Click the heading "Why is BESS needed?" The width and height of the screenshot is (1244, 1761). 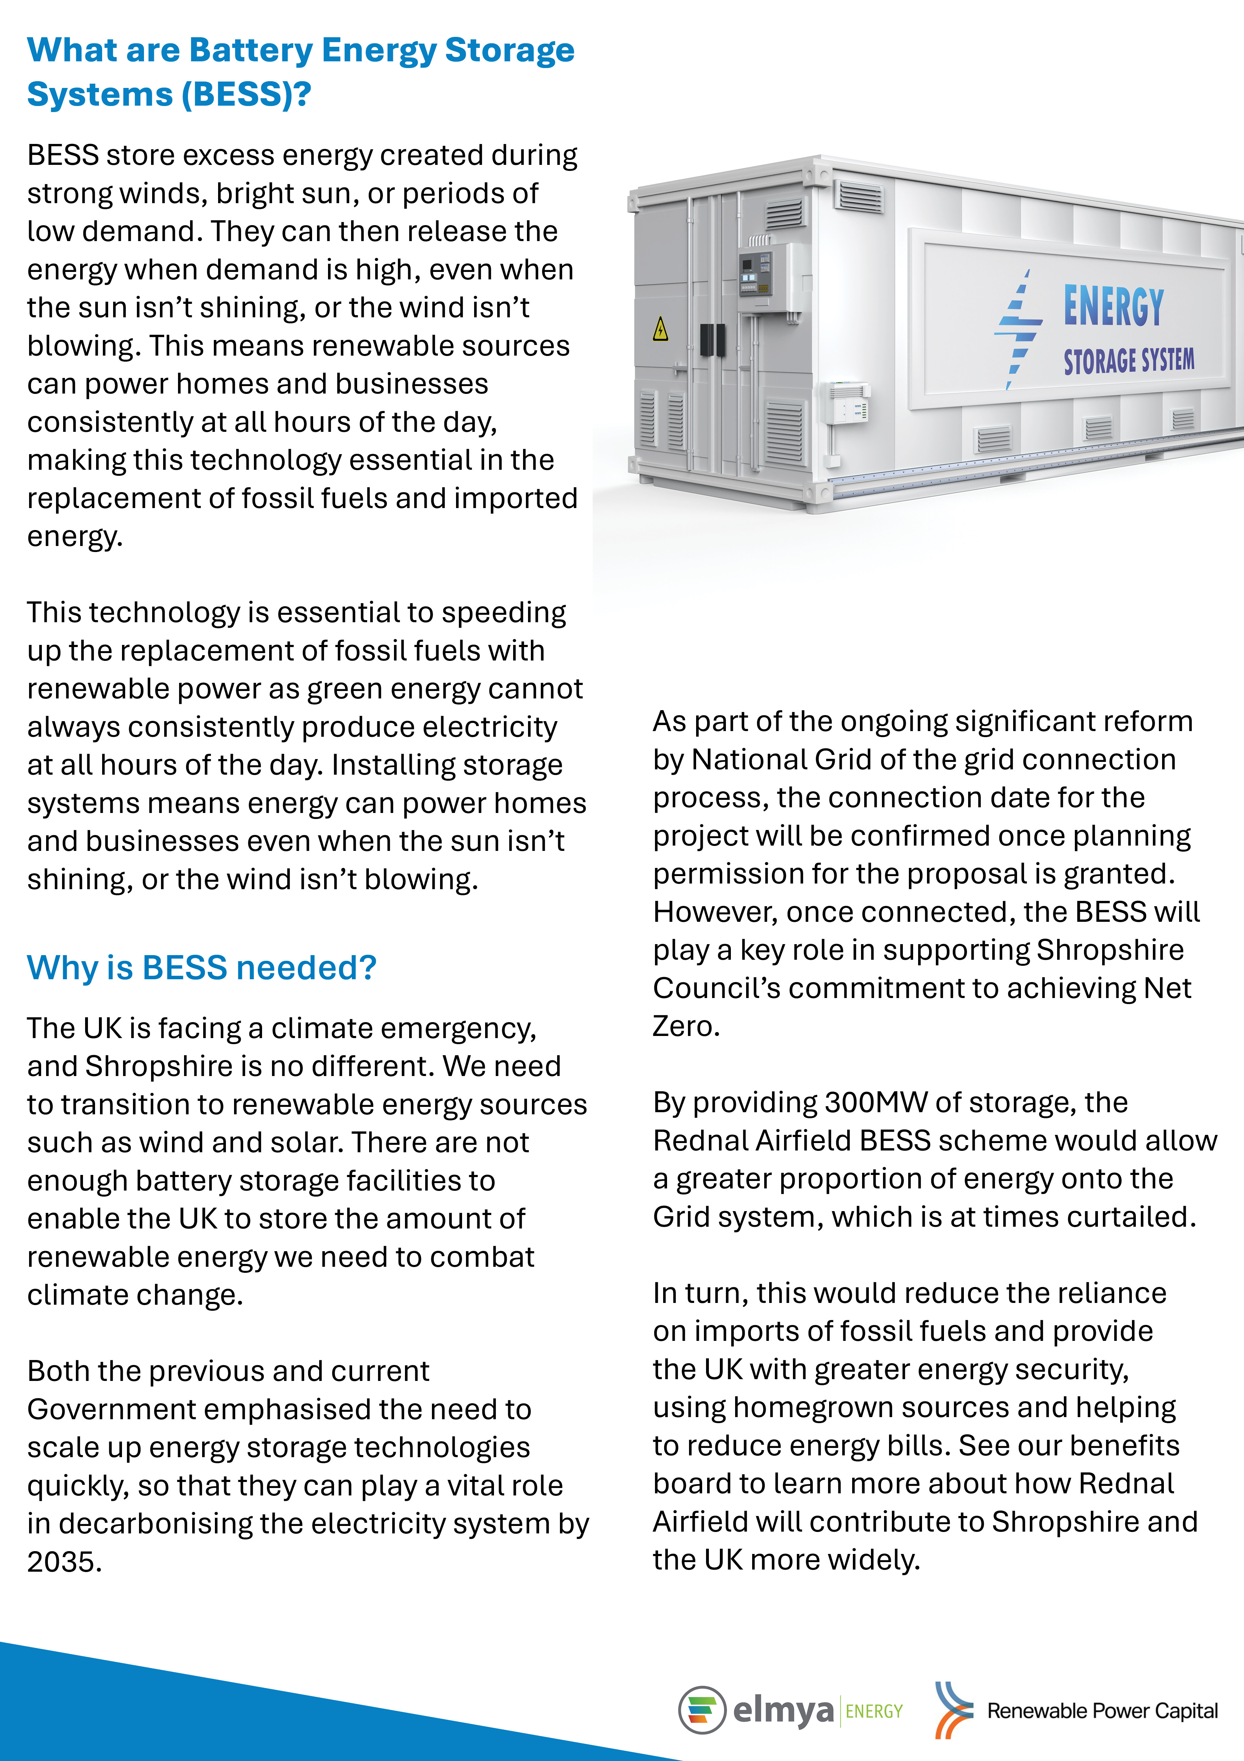(x=202, y=968)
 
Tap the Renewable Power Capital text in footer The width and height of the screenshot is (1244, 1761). (x=1102, y=1711)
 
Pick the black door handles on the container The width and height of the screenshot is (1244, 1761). (x=712, y=340)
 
